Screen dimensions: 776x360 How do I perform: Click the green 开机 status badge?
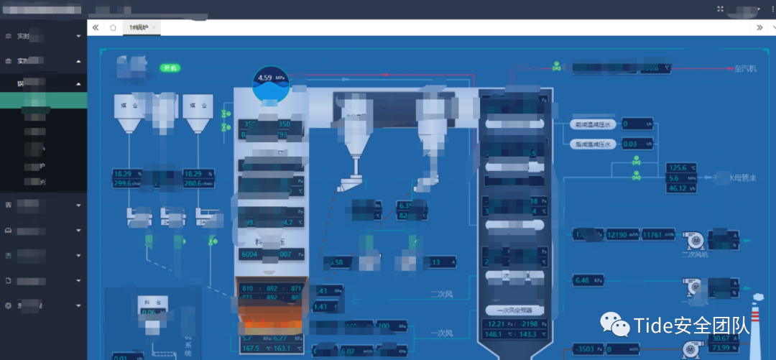(x=170, y=68)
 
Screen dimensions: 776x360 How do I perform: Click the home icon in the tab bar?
(x=113, y=27)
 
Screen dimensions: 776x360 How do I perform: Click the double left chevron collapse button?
(x=96, y=27)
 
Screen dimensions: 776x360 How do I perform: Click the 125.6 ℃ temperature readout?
(x=681, y=167)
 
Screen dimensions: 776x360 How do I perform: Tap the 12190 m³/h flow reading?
(x=621, y=234)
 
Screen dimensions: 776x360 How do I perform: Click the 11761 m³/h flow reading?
(x=657, y=234)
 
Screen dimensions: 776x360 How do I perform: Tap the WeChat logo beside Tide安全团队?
(x=616, y=326)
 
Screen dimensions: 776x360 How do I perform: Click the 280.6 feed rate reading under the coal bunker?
(x=198, y=183)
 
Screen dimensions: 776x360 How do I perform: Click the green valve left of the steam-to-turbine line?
(x=557, y=67)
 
